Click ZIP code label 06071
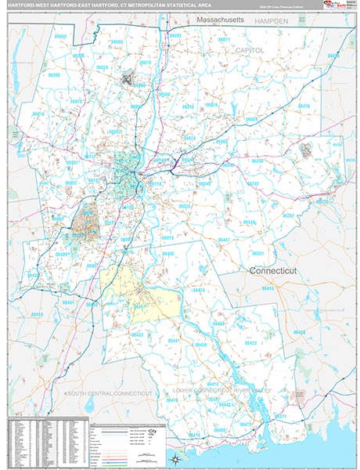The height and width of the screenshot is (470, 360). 225,38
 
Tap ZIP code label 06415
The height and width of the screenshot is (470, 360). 268,288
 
